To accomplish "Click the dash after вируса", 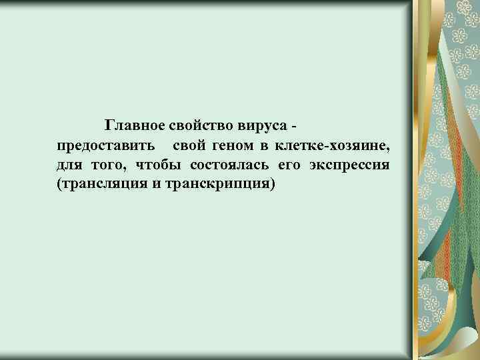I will pyautogui.click(x=295, y=126).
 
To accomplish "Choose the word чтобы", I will pyautogui.click(x=157, y=164).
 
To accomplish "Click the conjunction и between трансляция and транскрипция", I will pyautogui.click(x=156, y=183).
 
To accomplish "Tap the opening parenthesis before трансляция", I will pyautogui.click(x=60, y=183).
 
